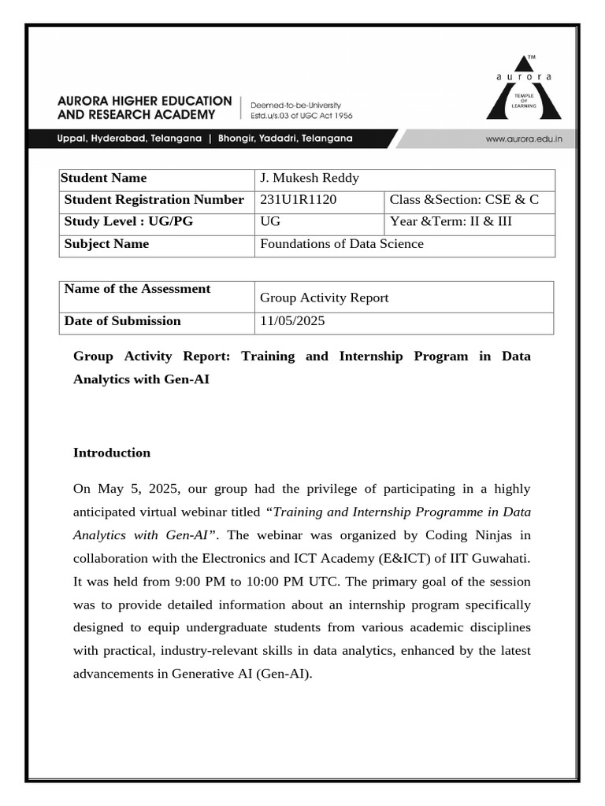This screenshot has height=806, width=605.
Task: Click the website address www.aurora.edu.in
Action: coord(523,139)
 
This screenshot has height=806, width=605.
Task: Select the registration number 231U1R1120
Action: coord(298,200)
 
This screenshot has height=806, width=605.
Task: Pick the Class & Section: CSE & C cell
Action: coord(464,200)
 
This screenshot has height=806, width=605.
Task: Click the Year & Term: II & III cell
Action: coord(451,222)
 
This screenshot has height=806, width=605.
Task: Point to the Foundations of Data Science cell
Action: coord(341,244)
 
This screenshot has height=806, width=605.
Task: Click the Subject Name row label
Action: coord(106,244)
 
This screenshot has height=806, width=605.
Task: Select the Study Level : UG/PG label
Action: coord(128,222)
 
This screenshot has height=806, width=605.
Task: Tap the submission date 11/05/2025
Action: coord(291,321)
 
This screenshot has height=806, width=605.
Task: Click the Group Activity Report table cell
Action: coord(324,298)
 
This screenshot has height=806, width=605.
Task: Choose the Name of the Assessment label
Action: coord(137,289)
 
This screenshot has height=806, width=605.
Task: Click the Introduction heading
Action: coord(112,453)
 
